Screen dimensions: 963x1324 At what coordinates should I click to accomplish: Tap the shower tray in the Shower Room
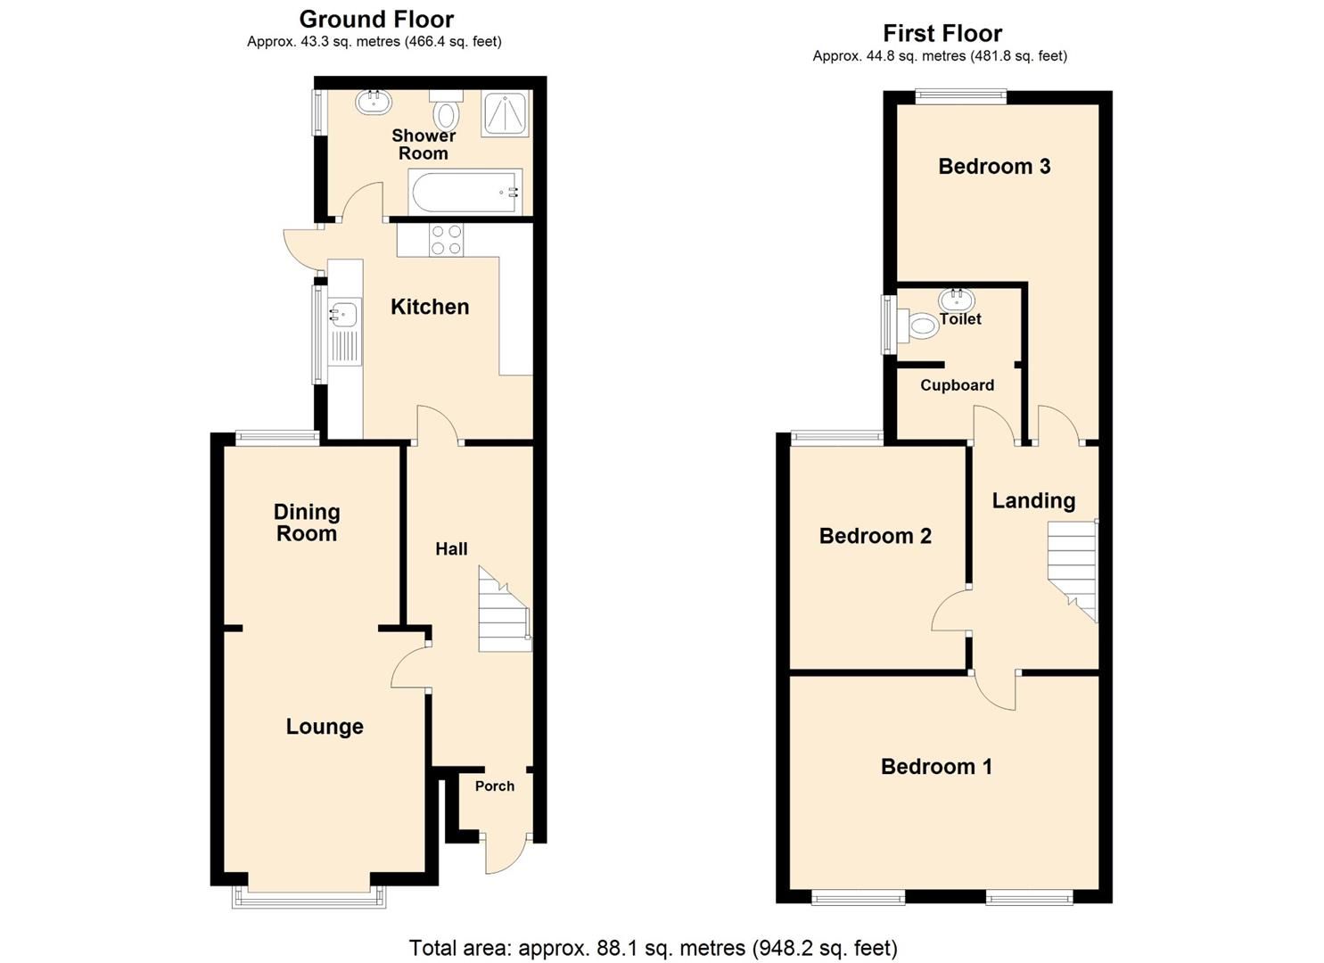tap(505, 113)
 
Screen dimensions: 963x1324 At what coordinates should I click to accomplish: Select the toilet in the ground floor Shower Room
tap(446, 111)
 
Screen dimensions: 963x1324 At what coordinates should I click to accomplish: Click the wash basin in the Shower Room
tap(374, 102)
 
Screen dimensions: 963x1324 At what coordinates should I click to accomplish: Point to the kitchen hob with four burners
tap(446, 240)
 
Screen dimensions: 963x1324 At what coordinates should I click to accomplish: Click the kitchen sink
tap(344, 315)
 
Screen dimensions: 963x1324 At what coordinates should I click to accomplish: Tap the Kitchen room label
tap(430, 307)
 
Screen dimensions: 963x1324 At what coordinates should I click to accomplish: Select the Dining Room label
tap(306, 523)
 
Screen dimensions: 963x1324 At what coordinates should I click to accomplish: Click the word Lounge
tap(325, 727)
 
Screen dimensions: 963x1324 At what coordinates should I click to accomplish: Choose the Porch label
tap(494, 786)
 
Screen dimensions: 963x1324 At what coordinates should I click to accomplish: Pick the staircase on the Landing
tap(1072, 569)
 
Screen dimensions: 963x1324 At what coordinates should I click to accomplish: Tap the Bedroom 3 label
tap(994, 166)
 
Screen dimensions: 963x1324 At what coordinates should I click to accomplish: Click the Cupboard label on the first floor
tap(957, 385)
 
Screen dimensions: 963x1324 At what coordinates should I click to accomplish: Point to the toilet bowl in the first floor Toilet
tap(922, 325)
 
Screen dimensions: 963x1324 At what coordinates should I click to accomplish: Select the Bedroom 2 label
tap(875, 536)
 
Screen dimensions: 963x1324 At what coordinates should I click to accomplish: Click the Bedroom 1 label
tap(936, 767)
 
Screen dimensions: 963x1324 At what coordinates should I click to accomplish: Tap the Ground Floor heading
tap(376, 19)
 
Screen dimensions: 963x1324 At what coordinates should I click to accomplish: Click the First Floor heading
tap(942, 33)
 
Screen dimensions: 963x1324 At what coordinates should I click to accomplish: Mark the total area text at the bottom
tap(653, 948)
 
